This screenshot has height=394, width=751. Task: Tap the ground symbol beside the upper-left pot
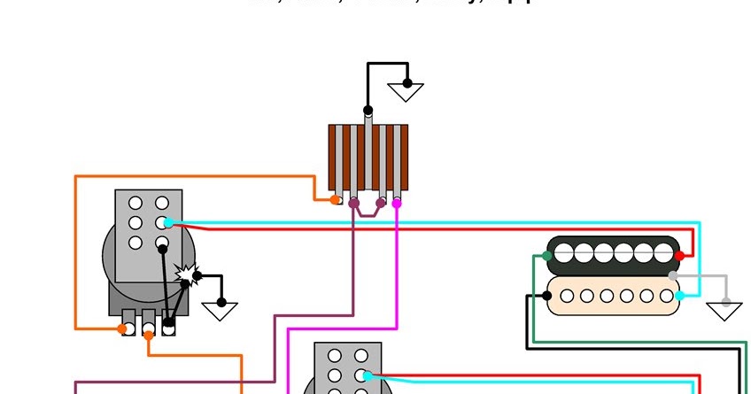click(221, 311)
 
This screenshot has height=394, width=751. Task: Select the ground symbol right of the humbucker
click(725, 309)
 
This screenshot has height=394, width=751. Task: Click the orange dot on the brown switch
click(336, 200)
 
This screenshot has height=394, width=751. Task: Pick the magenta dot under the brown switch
click(396, 203)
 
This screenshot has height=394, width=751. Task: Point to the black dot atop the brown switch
click(368, 112)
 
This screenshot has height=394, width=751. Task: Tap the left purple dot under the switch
click(354, 204)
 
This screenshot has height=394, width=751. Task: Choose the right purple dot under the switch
click(381, 203)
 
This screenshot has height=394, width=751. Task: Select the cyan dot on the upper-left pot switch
click(168, 222)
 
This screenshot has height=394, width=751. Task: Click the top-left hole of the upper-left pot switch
click(135, 203)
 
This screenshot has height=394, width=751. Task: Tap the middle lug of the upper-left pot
click(148, 328)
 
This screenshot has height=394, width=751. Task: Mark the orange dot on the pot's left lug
click(122, 329)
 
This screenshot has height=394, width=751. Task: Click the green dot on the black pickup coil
click(548, 256)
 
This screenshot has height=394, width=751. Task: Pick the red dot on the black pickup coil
click(679, 256)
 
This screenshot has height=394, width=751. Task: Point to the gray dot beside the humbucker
click(673, 276)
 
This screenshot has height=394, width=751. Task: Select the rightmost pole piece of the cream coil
click(665, 296)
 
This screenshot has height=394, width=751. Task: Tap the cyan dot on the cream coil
click(678, 293)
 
